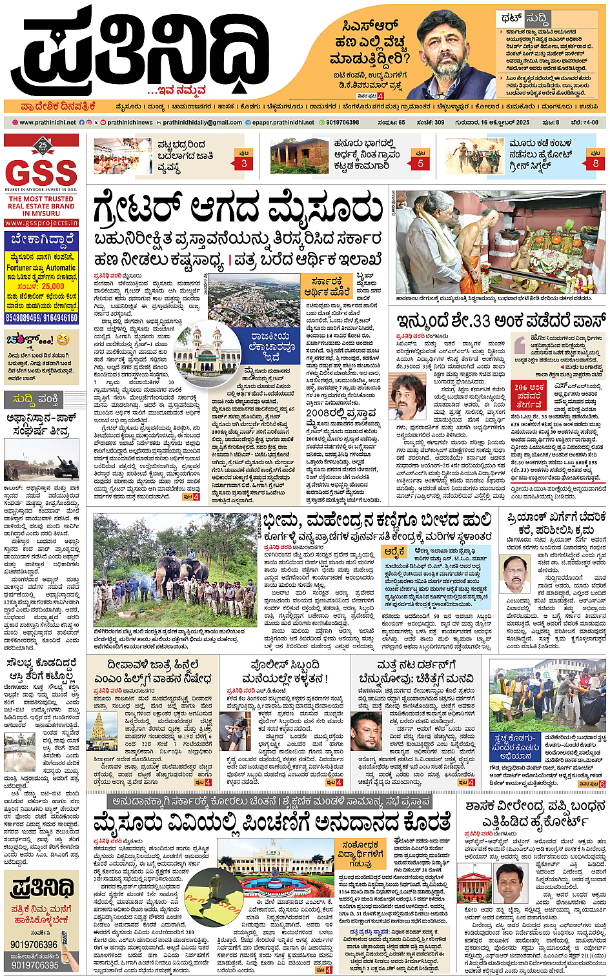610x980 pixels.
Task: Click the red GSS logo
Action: point(41,172)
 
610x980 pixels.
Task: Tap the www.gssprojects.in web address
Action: point(41,223)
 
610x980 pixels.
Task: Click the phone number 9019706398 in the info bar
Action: point(342,122)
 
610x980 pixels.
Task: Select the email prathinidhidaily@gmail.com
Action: point(202,122)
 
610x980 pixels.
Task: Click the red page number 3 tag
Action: point(244,163)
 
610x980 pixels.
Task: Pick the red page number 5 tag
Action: point(420,163)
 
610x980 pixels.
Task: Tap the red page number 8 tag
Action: point(595,163)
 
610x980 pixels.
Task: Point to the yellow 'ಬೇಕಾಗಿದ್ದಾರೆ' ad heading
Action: point(41,240)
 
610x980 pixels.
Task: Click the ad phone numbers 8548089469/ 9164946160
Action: point(41,318)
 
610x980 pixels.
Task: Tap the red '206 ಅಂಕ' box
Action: point(529,395)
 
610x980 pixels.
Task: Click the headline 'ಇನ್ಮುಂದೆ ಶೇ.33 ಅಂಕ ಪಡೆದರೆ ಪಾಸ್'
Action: point(501,320)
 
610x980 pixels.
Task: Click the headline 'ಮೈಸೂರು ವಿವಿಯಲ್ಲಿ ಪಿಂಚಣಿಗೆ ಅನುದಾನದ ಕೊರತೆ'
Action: point(271,823)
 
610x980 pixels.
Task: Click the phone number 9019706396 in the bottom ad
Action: point(34,944)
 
